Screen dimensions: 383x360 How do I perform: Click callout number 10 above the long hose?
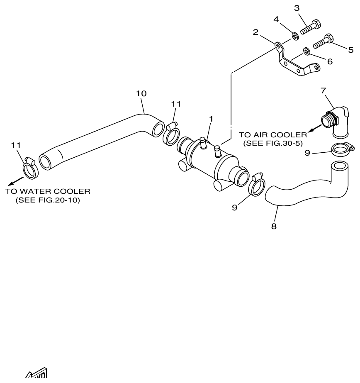(141, 94)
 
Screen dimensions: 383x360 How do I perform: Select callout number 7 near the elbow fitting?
(323, 90)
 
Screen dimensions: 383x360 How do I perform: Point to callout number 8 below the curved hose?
(274, 227)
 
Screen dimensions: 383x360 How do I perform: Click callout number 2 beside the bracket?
(256, 32)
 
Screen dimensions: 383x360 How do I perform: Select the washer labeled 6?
(306, 51)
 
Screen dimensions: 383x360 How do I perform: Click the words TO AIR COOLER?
(273, 134)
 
